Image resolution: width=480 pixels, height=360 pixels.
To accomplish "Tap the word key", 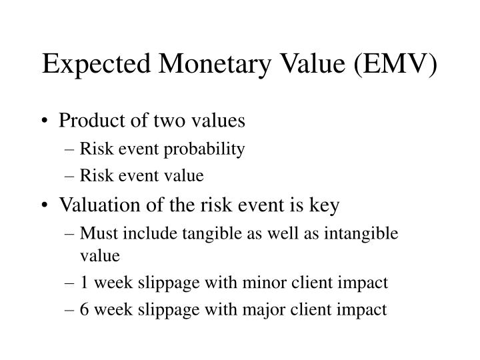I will [x=327, y=205].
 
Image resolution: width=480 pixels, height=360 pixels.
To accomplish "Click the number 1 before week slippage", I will [x=83, y=282].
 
